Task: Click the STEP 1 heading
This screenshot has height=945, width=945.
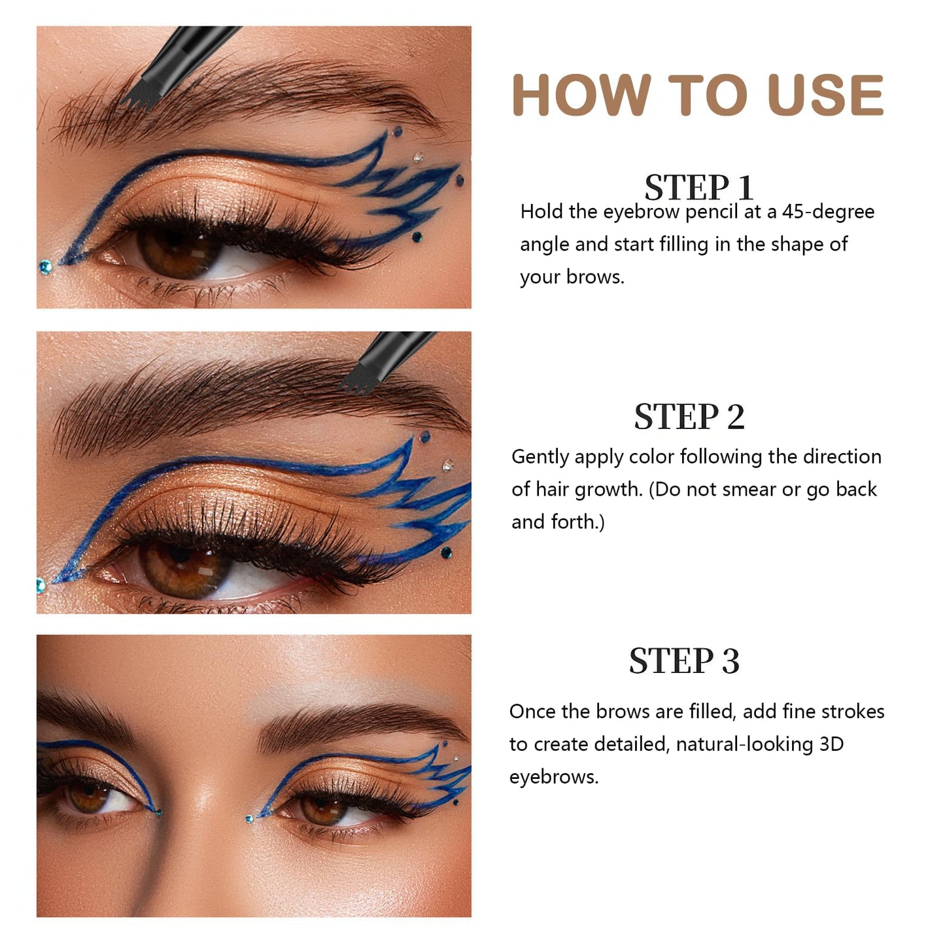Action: tap(698, 188)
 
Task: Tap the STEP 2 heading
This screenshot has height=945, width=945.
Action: tap(689, 417)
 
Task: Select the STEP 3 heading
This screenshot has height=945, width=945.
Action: tap(684, 661)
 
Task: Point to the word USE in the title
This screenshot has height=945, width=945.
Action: tap(825, 95)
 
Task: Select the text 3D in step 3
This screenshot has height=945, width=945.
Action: tap(831, 744)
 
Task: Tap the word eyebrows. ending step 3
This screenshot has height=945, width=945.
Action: tap(554, 777)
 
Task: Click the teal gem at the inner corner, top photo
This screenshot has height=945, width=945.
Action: tap(45, 266)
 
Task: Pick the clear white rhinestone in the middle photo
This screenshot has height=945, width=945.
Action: tap(448, 466)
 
